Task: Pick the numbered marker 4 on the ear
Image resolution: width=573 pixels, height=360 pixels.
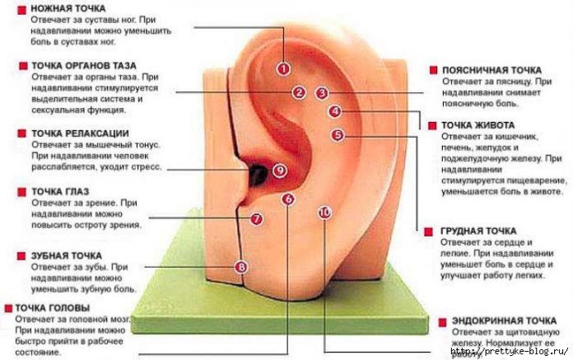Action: coord(333,111)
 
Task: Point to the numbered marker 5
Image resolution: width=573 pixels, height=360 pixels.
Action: coord(337,134)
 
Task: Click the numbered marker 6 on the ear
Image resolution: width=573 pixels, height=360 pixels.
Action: coord(287,199)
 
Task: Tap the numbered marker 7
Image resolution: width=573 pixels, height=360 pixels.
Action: coord(256,219)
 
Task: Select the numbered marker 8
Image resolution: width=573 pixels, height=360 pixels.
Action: coord(240,266)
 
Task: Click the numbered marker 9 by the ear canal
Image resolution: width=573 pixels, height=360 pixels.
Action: coord(279,171)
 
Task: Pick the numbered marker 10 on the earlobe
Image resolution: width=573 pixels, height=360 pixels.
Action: coord(324,213)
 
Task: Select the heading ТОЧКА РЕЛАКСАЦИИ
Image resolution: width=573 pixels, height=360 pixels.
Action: coord(80,133)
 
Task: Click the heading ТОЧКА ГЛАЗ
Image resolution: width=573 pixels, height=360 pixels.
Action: coord(60,191)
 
